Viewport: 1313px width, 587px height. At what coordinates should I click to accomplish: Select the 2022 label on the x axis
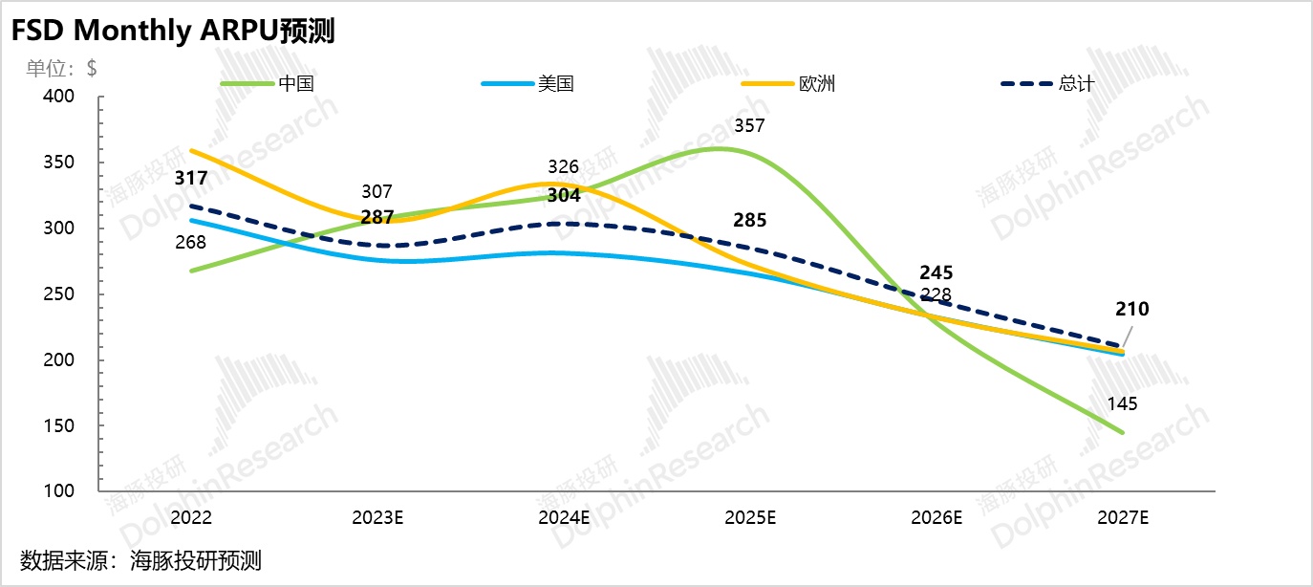[x=191, y=517]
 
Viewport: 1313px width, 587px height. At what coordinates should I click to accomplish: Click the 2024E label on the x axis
[x=565, y=517]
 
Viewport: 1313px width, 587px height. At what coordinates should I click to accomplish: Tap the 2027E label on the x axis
[x=1122, y=517]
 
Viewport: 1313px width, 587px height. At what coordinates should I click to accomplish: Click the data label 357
[x=749, y=126]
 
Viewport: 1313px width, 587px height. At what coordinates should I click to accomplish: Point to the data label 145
[x=1122, y=404]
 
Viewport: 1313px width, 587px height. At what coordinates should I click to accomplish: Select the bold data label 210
[x=1131, y=309]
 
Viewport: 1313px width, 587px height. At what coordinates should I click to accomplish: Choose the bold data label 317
[x=191, y=178]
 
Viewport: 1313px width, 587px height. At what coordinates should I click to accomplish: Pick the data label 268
[x=191, y=243]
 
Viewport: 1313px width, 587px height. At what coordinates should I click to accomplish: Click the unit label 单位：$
[x=61, y=68]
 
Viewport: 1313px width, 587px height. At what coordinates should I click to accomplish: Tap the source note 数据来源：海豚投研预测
[x=140, y=560]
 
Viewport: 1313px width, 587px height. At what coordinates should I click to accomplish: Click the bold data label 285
[x=749, y=221]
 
